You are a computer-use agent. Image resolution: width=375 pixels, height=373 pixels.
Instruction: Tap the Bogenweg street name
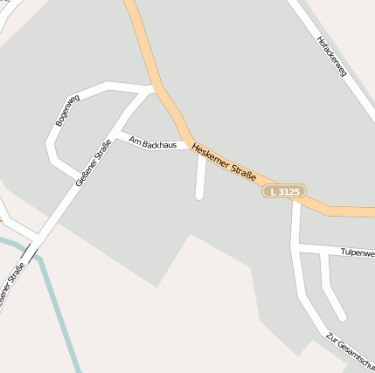click(67, 110)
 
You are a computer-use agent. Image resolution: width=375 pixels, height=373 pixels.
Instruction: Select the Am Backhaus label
click(152, 142)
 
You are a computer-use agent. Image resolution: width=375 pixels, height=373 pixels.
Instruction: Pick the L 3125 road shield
click(284, 191)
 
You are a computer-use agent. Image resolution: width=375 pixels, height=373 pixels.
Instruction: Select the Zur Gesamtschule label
click(350, 349)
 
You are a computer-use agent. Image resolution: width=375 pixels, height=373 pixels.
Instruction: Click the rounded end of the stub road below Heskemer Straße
click(199, 196)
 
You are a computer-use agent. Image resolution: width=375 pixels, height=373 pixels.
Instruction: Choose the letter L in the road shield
click(274, 191)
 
